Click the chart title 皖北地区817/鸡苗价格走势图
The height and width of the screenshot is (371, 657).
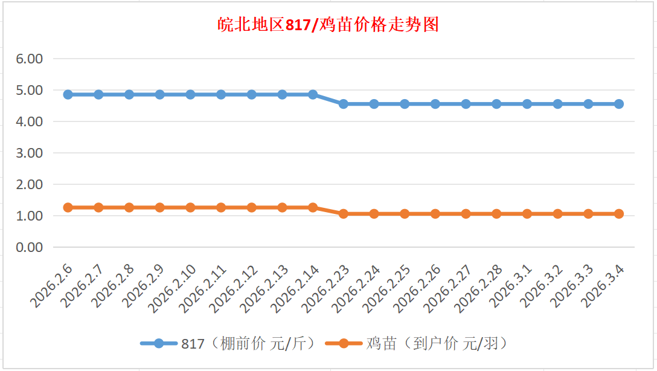tap(328, 25)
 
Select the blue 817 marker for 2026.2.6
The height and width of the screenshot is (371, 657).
tap(68, 94)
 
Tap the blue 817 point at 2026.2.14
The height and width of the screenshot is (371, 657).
tap(313, 94)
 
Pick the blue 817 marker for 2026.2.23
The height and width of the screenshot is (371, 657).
tap(344, 104)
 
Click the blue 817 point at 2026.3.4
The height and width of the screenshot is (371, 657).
tap(619, 104)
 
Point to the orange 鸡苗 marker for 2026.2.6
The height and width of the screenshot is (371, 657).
tap(68, 207)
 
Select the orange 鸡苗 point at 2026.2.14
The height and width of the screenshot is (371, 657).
tap(313, 207)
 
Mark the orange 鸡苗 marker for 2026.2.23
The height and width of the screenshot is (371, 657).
tap(344, 214)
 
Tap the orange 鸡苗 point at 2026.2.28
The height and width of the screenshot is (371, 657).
tap(496, 214)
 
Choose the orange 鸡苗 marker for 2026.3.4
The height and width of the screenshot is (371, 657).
tap(619, 214)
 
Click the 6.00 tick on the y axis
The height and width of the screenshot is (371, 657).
tap(30, 59)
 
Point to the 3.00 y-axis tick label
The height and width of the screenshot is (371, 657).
tap(30, 153)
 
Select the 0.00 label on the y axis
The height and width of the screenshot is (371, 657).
tap(30, 247)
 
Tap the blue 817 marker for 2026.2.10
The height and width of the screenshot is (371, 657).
tap(190, 94)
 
